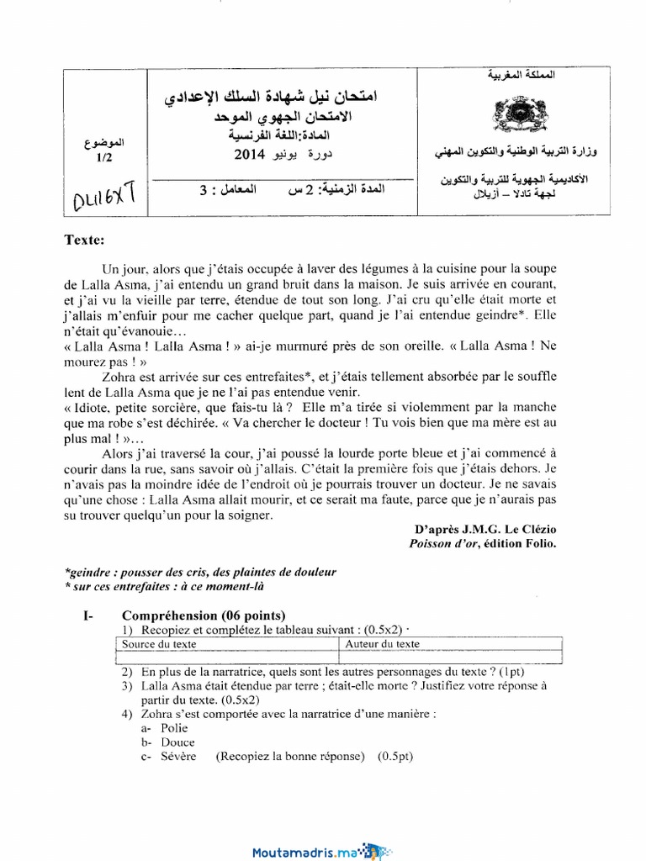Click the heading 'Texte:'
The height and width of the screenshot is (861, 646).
click(84, 240)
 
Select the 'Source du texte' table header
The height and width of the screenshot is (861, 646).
click(160, 644)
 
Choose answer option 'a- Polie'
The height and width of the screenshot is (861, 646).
click(165, 728)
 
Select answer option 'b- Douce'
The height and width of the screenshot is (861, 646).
click(168, 742)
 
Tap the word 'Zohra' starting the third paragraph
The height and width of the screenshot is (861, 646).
click(119, 378)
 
